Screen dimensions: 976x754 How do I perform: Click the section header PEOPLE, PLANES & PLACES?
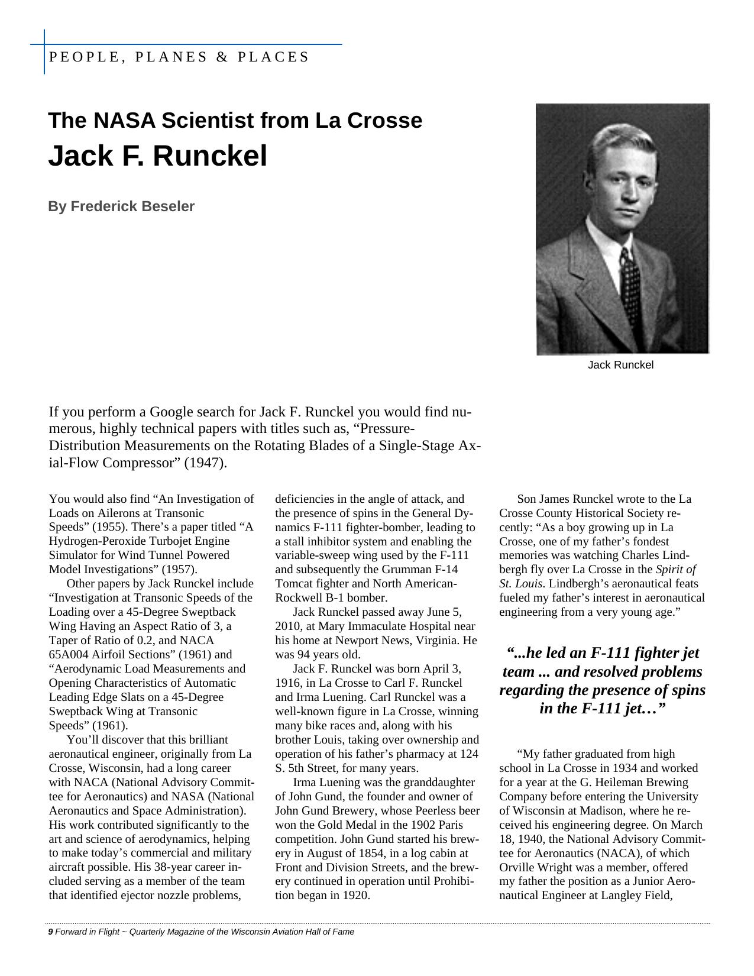[x=179, y=57]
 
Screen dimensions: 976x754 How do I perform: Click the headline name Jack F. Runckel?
[x=157, y=156]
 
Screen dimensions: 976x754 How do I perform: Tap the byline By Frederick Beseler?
[x=121, y=206]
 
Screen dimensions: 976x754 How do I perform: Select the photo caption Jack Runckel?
[x=620, y=365]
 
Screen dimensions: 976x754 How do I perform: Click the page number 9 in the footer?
[x=50, y=932]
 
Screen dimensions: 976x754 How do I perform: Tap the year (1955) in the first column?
[x=112, y=527]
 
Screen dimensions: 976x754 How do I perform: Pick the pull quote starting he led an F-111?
[x=602, y=680]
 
